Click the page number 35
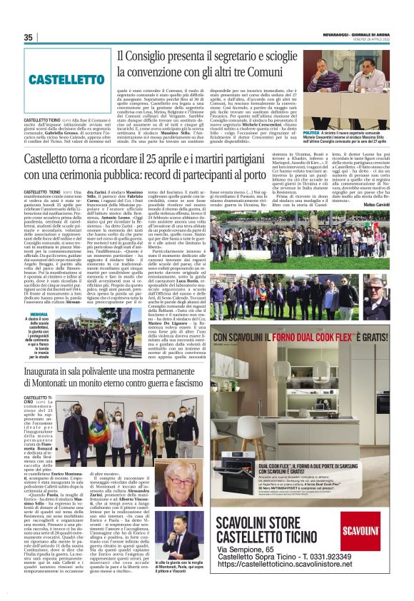(29, 38)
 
